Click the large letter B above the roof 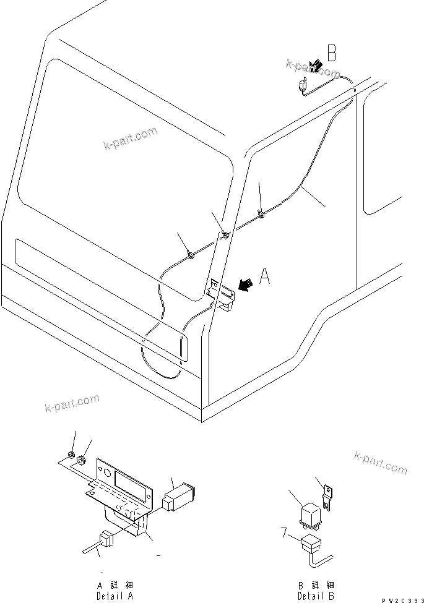[332, 54]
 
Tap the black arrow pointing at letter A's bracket [244, 284]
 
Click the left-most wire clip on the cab [191, 255]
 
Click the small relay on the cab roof [303, 86]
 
